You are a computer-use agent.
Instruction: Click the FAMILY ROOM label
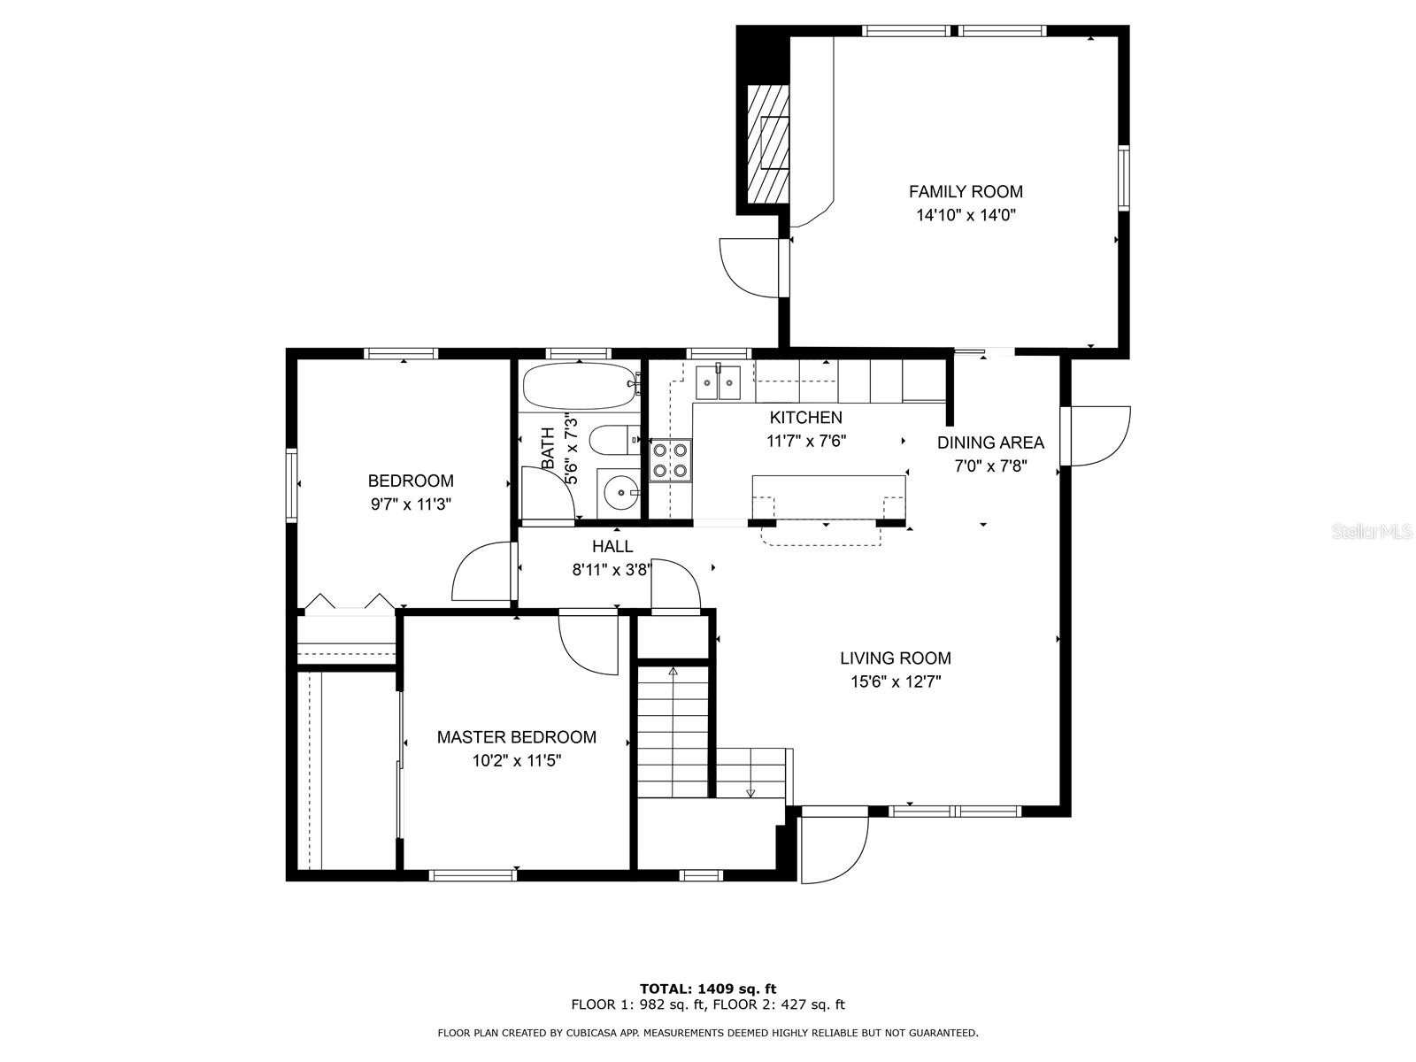(x=966, y=191)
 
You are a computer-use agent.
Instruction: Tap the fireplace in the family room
(x=766, y=143)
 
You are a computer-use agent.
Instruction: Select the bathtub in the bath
(x=580, y=387)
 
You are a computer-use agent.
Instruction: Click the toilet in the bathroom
(x=612, y=438)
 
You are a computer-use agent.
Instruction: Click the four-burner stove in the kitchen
(x=671, y=460)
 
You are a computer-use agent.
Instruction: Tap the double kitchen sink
(x=718, y=382)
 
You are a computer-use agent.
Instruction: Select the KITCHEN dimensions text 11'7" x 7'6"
(x=805, y=441)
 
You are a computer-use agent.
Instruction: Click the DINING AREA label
(x=990, y=442)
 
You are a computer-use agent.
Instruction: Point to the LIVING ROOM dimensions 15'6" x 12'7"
(x=895, y=681)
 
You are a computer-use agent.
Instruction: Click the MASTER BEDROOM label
(x=516, y=736)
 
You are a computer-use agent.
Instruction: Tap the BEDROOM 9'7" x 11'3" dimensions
(x=411, y=504)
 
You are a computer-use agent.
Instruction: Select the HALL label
(x=612, y=547)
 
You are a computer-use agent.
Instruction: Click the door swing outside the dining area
(x=1099, y=435)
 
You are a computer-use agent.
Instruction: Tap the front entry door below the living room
(x=832, y=848)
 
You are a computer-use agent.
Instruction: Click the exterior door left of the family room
(x=750, y=265)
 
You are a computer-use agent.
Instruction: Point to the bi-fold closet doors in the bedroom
(x=349, y=602)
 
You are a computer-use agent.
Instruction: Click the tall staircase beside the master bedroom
(x=673, y=730)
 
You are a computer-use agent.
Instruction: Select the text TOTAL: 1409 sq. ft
(x=708, y=989)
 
